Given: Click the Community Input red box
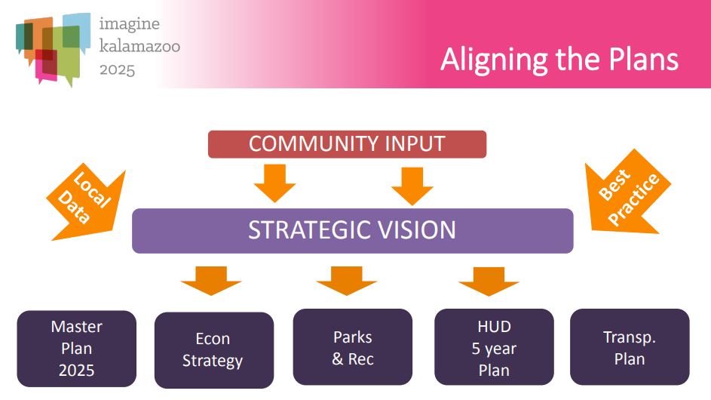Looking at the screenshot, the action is click(x=347, y=144).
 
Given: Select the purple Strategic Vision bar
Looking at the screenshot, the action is click(x=352, y=231).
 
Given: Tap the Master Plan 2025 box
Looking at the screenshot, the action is click(x=77, y=349).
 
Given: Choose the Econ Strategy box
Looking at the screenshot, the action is click(x=214, y=350).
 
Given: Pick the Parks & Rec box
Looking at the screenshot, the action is click(x=353, y=347).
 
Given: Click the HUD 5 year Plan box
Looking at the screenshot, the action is click(x=495, y=347).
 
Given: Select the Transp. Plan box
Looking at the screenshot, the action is click(x=630, y=347).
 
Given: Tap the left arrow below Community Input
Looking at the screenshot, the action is click(x=274, y=183).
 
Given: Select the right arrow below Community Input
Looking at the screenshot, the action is click(x=412, y=186).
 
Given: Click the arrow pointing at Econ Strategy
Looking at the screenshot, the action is click(x=211, y=281).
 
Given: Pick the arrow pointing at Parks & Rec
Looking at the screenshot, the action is click(x=347, y=281).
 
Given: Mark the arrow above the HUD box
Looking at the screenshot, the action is click(x=489, y=281).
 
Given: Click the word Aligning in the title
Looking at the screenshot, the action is click(x=495, y=60).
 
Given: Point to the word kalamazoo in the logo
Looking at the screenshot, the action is click(x=139, y=46).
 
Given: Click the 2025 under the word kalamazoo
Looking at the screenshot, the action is click(x=118, y=70).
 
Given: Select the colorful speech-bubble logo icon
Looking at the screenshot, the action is click(x=53, y=49).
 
